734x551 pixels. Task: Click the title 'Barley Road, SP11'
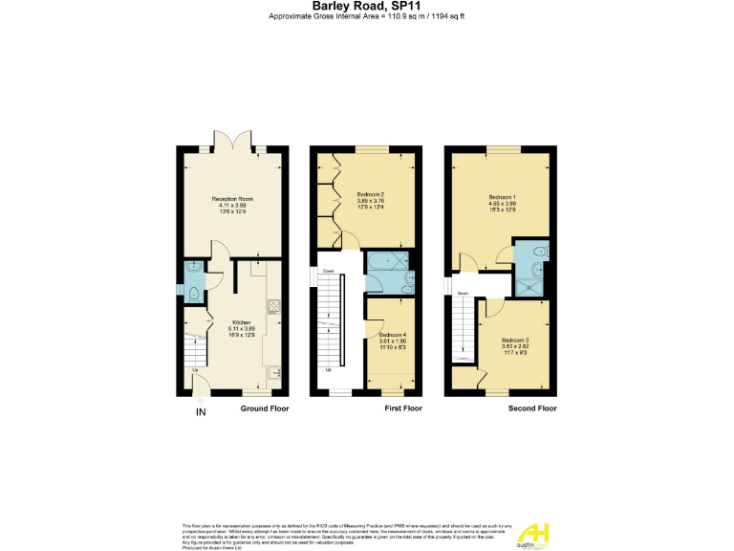click(x=368, y=7)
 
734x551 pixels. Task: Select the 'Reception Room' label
click(x=232, y=199)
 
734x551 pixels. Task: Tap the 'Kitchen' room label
click(x=241, y=322)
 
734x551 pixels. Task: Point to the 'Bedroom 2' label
click(x=370, y=194)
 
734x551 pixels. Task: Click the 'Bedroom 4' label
click(x=393, y=336)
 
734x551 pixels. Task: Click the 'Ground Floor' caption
click(x=265, y=408)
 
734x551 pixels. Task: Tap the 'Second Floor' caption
click(x=532, y=408)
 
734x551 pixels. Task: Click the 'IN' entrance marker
click(x=201, y=412)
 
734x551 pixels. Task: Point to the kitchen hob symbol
click(x=272, y=307)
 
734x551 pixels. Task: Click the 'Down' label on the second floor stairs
click(x=463, y=294)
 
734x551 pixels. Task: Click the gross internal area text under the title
click(x=368, y=17)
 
